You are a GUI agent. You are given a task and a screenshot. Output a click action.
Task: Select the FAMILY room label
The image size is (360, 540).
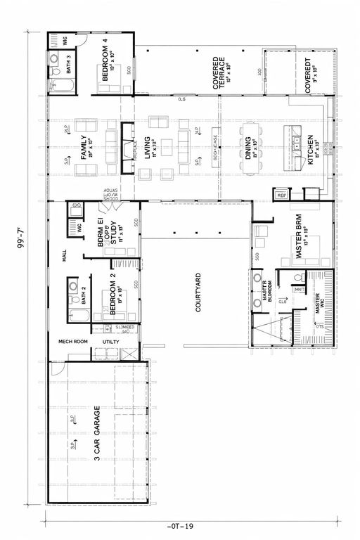(x=85, y=148)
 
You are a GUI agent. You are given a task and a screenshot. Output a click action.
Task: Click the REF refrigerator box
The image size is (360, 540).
(x=281, y=195)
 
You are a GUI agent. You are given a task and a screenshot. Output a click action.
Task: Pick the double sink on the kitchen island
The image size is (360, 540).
(x=293, y=139)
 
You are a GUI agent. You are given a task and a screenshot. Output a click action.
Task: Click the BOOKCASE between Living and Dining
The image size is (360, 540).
(x=216, y=148)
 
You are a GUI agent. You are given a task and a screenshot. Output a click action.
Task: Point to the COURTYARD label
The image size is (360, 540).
(x=198, y=292)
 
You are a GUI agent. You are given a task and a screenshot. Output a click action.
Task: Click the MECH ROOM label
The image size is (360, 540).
(x=71, y=342)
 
